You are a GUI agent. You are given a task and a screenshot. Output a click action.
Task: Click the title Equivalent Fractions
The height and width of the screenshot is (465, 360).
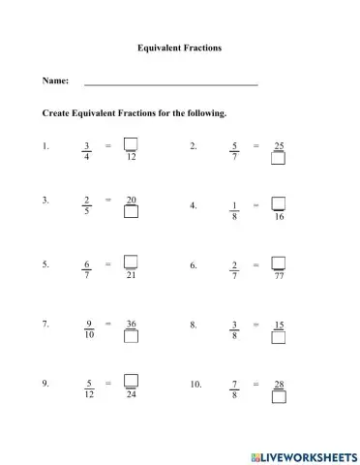(x=180, y=46)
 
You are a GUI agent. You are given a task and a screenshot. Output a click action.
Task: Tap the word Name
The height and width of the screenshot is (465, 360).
(x=55, y=81)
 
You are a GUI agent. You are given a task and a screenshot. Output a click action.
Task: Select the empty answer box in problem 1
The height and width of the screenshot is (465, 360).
(x=131, y=143)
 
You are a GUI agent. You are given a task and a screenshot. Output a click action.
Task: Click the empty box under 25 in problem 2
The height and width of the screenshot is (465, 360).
(x=279, y=161)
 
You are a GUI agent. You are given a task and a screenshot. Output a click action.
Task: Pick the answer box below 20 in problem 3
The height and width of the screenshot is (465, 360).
(x=131, y=214)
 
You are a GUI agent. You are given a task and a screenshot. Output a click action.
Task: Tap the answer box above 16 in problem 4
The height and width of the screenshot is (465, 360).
(x=279, y=203)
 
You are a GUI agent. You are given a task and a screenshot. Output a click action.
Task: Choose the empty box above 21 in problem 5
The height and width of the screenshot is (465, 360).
(x=131, y=261)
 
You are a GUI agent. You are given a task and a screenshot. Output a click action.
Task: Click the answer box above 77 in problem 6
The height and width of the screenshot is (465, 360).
(x=279, y=262)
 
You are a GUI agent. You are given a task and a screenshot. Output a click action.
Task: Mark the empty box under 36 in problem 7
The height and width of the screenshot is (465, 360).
(x=131, y=336)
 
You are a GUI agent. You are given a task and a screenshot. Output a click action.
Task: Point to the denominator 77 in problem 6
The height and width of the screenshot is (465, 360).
(x=279, y=276)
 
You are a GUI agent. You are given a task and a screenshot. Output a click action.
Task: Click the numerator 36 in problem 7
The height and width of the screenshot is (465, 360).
(x=131, y=323)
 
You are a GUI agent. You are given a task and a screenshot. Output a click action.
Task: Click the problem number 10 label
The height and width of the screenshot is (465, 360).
(x=195, y=385)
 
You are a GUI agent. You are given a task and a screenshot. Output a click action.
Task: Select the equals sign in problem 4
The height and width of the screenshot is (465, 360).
(x=255, y=205)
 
